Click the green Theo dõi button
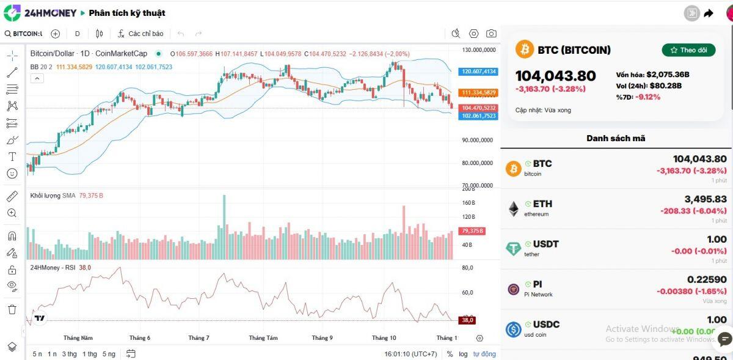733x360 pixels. coord(688,50)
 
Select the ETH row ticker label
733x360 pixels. coord(542,204)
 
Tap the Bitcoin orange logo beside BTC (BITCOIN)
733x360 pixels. coord(525,50)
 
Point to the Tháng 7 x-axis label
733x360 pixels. coord(199,338)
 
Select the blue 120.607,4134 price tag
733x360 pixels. coord(480,72)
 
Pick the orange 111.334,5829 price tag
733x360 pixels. coord(480,92)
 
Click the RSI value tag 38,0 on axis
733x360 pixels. coord(468,320)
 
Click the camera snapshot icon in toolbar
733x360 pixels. coord(491,34)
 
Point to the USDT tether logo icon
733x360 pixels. coord(514,248)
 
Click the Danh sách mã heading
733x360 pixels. coord(616,138)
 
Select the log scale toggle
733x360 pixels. coord(464,354)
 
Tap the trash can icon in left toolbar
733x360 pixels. coord(12,309)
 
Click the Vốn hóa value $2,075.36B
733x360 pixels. coord(668,75)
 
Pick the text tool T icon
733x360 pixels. coord(12,156)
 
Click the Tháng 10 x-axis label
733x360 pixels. coord(384,338)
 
